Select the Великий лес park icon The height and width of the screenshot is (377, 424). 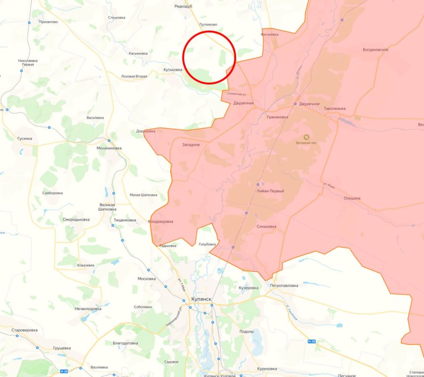[x=306, y=136]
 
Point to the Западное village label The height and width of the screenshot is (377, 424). [x=191, y=145]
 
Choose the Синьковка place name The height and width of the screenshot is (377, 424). [x=267, y=227]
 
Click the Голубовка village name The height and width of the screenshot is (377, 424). [x=207, y=244]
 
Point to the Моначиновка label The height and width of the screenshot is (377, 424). [x=109, y=148]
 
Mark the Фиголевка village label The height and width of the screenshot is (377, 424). [x=269, y=34]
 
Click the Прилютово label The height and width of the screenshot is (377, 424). [x=49, y=22]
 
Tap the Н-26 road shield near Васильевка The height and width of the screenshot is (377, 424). [x=65, y=372]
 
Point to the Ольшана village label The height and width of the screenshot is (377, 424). [x=352, y=198]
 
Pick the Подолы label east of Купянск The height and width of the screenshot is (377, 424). [x=246, y=331]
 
